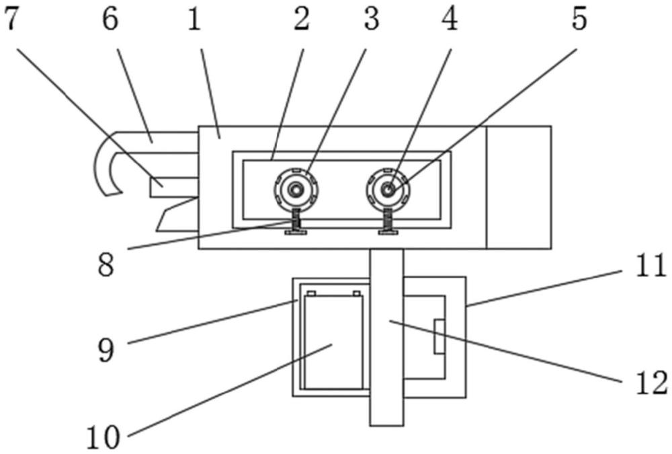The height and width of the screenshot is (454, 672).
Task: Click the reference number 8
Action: pyautogui.click(x=106, y=264)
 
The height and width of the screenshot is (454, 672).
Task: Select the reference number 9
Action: pyautogui.click(x=106, y=350)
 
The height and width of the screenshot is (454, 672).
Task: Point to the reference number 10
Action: pyautogui.click(x=103, y=437)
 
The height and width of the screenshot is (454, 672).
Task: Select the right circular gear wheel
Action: pyautogui.click(x=388, y=190)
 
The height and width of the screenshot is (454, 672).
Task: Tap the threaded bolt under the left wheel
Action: pyautogui.click(x=296, y=222)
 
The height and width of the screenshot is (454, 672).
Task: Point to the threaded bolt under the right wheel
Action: pyautogui.click(x=388, y=222)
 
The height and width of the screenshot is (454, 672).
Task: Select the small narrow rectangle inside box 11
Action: pyautogui.click(x=439, y=336)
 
